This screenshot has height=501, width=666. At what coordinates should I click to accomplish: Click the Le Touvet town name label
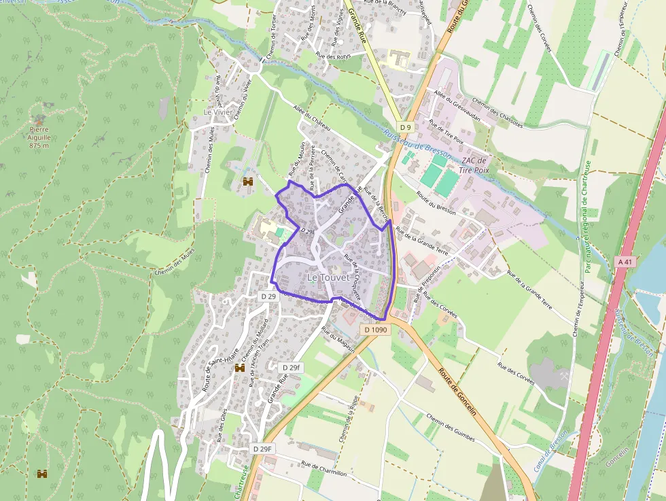(328, 277)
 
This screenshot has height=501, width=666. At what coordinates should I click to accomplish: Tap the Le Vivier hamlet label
(217, 112)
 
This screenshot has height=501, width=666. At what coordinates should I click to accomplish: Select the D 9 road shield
(406, 127)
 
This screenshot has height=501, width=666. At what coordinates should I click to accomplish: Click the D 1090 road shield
(375, 330)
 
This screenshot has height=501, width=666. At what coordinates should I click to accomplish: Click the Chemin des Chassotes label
(497, 113)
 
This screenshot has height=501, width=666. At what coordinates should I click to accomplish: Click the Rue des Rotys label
(332, 56)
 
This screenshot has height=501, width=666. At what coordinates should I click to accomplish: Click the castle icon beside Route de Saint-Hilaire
(239, 368)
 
